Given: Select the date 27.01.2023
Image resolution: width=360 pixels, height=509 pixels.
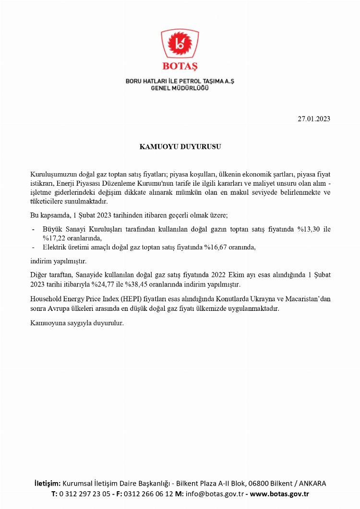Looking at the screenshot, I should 314,119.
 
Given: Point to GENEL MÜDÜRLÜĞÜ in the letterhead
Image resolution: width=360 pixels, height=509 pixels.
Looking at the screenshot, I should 180,89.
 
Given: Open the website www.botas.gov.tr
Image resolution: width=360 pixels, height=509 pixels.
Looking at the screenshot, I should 279,494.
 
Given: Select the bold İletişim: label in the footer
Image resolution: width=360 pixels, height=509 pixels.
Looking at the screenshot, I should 47,483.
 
